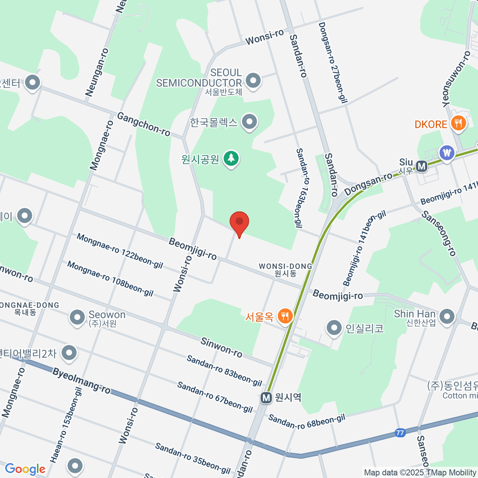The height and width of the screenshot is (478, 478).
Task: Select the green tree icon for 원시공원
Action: coord(231,159)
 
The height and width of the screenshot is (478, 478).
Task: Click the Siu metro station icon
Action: coord(421,166)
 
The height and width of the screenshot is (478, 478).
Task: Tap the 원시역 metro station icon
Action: coord(266,398)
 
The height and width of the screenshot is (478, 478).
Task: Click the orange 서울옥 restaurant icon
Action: coord(285,316)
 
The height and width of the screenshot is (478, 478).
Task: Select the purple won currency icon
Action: coord(447,153)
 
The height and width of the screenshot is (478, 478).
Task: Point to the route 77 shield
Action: coord(400,432)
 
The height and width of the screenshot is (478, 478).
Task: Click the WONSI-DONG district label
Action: coord(285,269)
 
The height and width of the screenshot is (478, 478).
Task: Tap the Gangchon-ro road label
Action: coord(143,124)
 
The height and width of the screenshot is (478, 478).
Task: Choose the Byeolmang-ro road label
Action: coord(81,381)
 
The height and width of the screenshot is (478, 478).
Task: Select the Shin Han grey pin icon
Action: coord(447,317)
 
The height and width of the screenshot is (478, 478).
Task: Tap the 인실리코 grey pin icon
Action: coord(334,328)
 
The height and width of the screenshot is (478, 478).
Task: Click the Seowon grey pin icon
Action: coord(77,317)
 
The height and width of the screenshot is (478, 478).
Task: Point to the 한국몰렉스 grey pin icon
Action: coord(250,122)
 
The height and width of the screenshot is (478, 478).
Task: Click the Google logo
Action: coord(25,469)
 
